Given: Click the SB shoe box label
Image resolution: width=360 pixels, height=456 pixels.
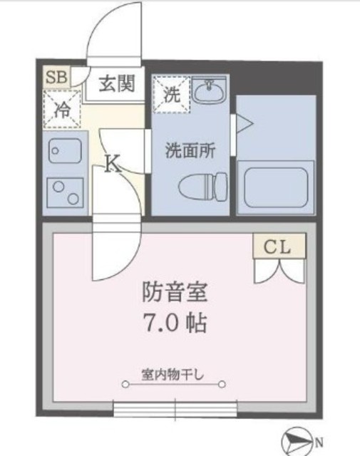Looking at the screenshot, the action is (57, 78).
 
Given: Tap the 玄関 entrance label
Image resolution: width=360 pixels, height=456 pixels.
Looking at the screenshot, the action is (117, 84).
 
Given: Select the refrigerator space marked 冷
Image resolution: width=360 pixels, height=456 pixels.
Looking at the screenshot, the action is (62, 109).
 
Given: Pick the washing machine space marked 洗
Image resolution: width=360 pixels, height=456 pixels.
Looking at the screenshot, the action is (172, 95).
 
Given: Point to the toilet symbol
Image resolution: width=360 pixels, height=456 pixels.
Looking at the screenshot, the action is (202, 187).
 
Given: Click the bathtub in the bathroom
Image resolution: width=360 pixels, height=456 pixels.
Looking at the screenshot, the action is (276, 187).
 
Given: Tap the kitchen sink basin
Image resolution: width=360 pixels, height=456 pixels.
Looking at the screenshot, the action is (65, 150).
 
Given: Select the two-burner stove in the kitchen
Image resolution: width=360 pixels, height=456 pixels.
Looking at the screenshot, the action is (65, 192).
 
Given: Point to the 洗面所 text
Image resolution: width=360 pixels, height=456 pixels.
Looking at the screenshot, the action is (190, 150).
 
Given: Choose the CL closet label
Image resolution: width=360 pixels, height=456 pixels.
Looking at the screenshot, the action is (277, 247).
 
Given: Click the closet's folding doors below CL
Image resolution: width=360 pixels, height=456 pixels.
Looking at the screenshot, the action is (279, 271).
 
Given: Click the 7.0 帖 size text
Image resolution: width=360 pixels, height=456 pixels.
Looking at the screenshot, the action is (175, 323).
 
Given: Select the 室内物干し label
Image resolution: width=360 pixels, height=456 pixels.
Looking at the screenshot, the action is (173, 375).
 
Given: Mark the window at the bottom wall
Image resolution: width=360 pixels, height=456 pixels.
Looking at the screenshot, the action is (175, 409).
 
